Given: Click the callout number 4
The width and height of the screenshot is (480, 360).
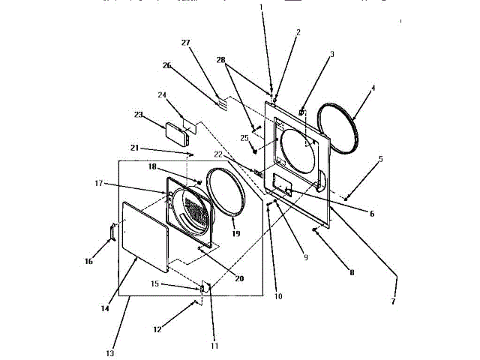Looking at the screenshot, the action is (x=373, y=88).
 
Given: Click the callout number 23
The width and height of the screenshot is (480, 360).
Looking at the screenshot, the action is (x=137, y=115).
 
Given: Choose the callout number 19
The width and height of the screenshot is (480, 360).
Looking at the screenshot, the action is (x=235, y=234).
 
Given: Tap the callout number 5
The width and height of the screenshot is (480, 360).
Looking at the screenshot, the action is (x=380, y=159).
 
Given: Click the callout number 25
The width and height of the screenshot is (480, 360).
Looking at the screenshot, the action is (x=244, y=138).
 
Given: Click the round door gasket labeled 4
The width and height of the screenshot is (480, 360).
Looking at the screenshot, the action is (x=337, y=129).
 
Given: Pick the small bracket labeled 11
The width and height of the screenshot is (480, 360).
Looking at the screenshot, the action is (x=203, y=288).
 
